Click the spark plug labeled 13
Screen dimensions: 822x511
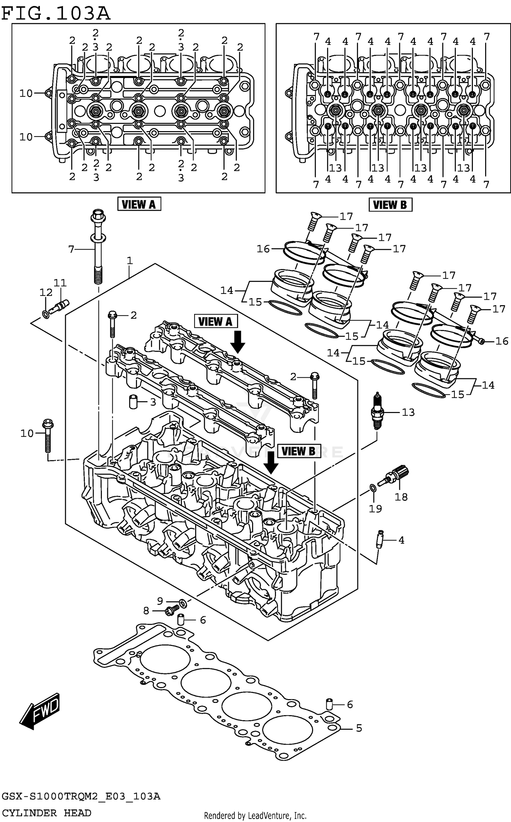tap(377, 412)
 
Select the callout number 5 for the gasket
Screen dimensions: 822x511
tap(359, 728)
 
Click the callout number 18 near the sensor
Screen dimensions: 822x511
tap(401, 497)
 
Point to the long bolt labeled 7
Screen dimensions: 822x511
tap(98, 249)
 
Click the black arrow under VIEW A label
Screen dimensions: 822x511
tap(237, 341)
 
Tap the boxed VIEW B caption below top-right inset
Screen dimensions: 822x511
tap(390, 205)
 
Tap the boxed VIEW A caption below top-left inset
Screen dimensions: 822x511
tap(139, 204)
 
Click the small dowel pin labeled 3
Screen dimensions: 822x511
tap(133, 402)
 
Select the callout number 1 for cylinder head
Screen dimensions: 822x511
tap(129, 261)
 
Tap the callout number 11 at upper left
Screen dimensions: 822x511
tap(60, 283)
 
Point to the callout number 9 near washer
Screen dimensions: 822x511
tap(160, 601)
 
